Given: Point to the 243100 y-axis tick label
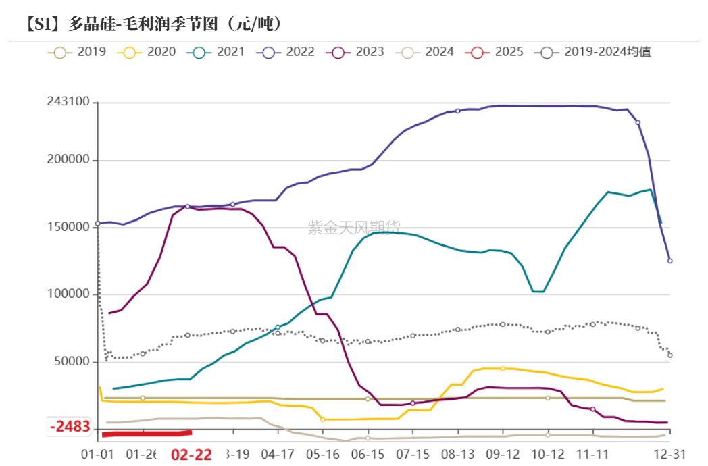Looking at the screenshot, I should point(68,102).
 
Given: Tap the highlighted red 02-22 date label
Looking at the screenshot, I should point(191,455).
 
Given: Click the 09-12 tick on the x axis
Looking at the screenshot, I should point(502,454).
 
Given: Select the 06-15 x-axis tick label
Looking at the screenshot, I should point(368,454).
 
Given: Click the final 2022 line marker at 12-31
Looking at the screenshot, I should point(669,261).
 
